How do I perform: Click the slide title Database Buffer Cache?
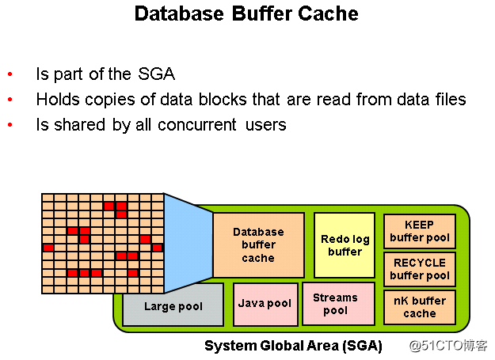coord(246,13)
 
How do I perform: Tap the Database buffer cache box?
coord(258,244)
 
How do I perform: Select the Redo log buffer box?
coord(345,244)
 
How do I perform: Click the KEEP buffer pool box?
coord(420,231)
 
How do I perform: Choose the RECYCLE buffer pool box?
coord(420,269)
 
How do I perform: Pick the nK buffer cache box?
coord(420,307)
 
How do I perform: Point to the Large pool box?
coord(173,306)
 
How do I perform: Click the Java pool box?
coord(265,304)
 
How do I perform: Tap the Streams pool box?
coord(336,304)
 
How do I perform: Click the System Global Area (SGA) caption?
coord(293,346)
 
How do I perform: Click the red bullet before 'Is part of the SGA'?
coord(10,75)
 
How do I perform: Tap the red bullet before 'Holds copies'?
coord(10,100)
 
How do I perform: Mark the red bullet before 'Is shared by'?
coord(10,125)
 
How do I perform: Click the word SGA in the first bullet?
coord(155,74)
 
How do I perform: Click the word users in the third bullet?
coord(265,125)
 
